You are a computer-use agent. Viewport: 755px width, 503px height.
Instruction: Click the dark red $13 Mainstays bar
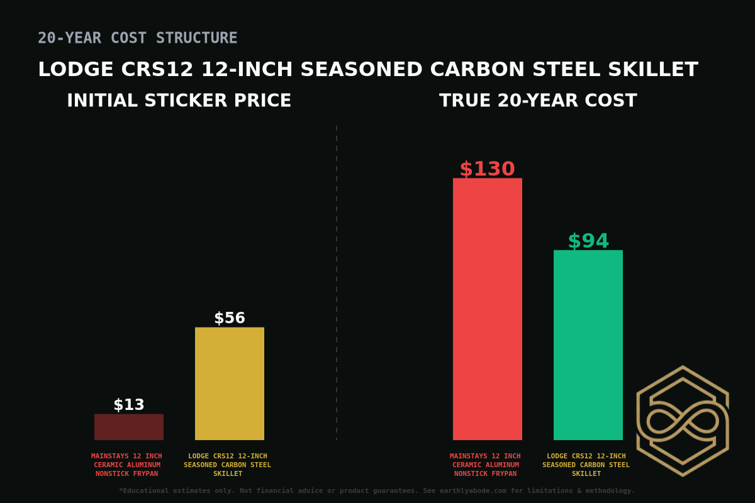coord(129,427)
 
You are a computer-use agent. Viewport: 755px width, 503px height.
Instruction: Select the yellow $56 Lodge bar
coord(230,384)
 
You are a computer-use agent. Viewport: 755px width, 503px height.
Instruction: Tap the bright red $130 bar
coord(488,309)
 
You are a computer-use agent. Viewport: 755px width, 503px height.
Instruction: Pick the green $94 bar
coord(588,345)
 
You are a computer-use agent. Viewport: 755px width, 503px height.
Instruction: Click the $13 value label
coord(129,405)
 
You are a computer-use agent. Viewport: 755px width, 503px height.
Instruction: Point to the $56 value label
coord(230,318)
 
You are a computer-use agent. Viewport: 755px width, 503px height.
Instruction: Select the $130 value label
coord(487,169)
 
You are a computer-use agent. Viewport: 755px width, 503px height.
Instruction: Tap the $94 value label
coord(588,241)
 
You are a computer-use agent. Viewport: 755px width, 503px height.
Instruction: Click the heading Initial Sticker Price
coord(179,101)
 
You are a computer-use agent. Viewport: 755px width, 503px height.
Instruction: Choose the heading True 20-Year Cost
coord(538,101)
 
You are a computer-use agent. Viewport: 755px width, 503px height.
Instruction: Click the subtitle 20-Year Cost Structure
coord(137,38)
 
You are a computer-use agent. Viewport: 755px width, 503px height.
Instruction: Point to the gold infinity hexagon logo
coord(683,421)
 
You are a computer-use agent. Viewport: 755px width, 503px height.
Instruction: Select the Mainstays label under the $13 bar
coord(126,465)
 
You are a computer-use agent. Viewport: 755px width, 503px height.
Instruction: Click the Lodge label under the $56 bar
coord(227,465)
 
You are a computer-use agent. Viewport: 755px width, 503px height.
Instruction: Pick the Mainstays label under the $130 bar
coord(485,465)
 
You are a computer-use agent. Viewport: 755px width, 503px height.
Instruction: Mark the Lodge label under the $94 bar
coord(586,465)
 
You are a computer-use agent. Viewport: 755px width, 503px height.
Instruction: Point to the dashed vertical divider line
coord(337,283)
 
